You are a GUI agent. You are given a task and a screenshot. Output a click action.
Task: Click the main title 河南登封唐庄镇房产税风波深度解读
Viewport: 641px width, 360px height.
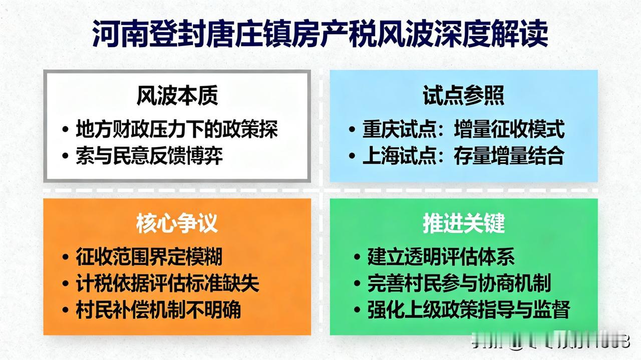tap(320, 34)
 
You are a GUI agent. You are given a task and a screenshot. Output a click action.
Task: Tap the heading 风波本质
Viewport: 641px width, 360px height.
tap(177, 96)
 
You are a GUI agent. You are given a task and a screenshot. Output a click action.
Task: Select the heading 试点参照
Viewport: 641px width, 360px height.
tap(463, 96)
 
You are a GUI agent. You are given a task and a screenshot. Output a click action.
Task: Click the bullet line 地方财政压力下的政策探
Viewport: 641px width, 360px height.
tap(177, 129)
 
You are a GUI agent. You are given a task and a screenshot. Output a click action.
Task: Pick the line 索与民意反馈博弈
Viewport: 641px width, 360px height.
tap(149, 156)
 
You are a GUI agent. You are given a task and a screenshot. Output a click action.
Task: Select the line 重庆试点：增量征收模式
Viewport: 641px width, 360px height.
tap(463, 130)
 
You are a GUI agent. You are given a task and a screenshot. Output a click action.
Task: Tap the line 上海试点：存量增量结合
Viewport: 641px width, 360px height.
tap(463, 156)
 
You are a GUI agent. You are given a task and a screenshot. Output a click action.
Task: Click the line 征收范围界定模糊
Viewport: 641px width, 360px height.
tap(149, 257)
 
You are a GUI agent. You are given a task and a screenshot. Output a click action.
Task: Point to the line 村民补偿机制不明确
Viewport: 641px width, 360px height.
tap(158, 310)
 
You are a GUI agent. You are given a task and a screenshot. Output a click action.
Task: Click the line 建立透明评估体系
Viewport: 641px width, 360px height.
tap(441, 257)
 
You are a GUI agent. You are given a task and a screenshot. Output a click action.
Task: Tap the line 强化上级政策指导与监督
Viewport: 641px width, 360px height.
tap(468, 310)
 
